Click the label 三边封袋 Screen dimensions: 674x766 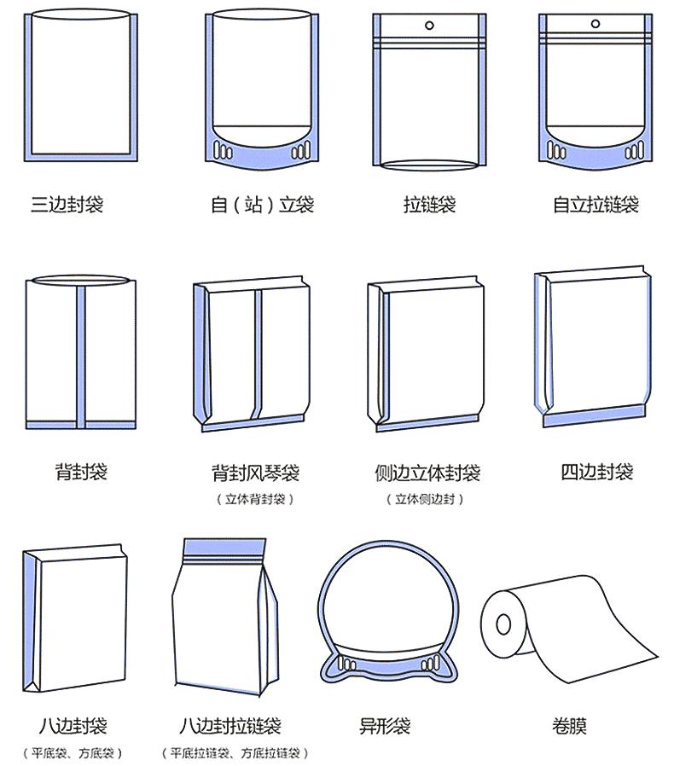pos(67,204)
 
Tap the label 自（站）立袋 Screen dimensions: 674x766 pos(263,204)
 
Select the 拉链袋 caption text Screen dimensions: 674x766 pos(429,204)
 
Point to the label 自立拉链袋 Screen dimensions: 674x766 pos(596,204)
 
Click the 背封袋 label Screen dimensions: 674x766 pos(81,472)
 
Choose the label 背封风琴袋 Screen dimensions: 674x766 pos(255,473)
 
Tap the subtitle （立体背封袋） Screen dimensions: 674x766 pos(255,499)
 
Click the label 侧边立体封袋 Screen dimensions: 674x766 pos(427,473)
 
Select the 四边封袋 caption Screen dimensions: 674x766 pos(596,472)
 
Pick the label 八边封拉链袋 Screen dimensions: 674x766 pos(230,725)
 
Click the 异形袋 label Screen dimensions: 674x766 pos(385,725)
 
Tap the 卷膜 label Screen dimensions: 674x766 pos(569,725)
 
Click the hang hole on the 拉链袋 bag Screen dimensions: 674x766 pos(429,25)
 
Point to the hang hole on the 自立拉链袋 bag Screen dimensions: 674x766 pos(596,23)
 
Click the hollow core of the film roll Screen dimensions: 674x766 pos(503,624)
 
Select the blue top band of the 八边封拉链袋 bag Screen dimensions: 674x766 pos(225,547)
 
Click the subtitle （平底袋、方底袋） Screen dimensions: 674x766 pos(73,753)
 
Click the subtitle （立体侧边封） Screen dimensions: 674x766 pos(425,499)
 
